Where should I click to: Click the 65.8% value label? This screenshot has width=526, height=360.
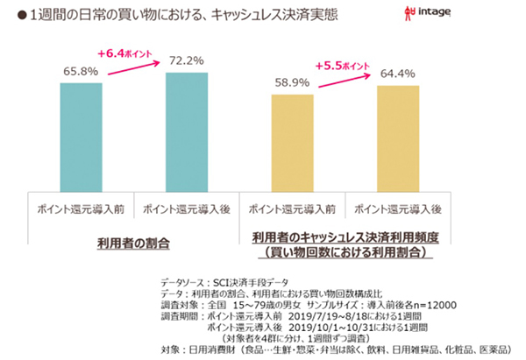pyautogui.click(x=81, y=70)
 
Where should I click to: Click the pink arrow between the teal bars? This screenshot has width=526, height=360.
pyautogui.click(x=131, y=64)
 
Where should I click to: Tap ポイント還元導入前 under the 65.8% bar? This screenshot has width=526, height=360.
pyautogui.click(x=81, y=210)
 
